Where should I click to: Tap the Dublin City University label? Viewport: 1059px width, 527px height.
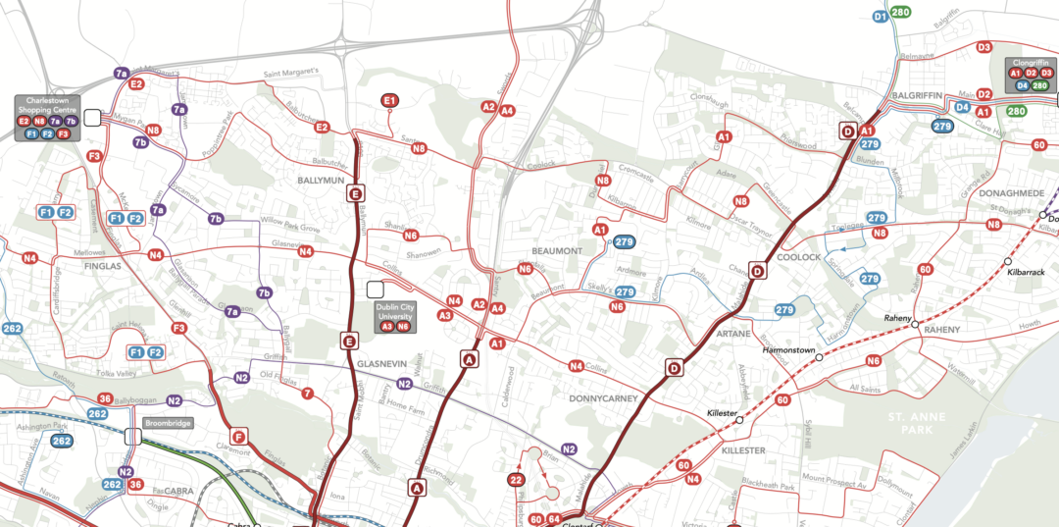tap(395, 312)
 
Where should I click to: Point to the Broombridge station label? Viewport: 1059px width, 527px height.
tap(167, 423)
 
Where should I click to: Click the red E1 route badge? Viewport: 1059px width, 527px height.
tap(389, 100)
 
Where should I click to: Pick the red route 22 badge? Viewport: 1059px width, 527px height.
tap(517, 480)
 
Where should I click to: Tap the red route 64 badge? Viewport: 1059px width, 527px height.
tap(554, 519)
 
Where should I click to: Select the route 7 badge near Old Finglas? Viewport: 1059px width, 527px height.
tap(308, 394)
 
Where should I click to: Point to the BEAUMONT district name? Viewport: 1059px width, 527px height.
tap(557, 251)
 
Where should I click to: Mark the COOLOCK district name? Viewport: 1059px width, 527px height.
tap(798, 257)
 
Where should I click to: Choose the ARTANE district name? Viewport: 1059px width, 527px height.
tap(733, 335)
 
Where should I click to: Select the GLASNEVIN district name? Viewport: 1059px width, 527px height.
tap(381, 363)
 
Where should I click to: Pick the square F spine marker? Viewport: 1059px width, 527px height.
tap(237, 437)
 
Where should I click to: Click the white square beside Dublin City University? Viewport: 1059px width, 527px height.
tap(375, 290)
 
